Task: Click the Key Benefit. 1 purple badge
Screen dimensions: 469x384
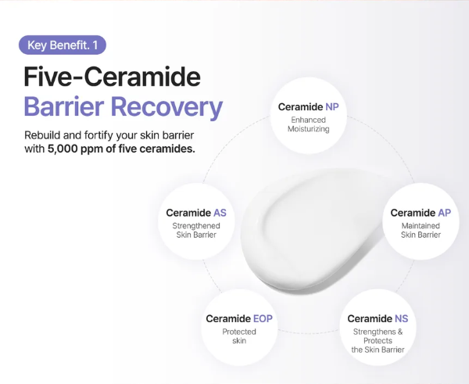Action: (x=63, y=45)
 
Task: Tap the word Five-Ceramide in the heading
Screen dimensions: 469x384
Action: (x=112, y=77)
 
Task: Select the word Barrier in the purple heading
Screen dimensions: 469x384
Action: (x=64, y=106)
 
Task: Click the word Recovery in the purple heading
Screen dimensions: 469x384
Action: (x=167, y=109)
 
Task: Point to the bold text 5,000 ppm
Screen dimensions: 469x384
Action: (x=75, y=149)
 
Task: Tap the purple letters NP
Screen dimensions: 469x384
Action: (x=332, y=107)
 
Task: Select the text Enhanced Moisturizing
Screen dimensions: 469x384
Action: (x=309, y=124)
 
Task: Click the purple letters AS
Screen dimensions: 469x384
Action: (x=220, y=213)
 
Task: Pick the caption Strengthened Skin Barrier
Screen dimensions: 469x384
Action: (x=196, y=230)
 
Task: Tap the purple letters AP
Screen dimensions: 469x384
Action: (x=445, y=213)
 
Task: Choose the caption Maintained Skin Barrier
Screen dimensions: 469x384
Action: (x=421, y=230)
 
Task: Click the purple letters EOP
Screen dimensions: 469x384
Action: (x=263, y=319)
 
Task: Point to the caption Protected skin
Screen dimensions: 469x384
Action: (x=239, y=336)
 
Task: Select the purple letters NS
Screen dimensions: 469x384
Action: (x=402, y=319)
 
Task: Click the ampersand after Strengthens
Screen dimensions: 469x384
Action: (x=400, y=332)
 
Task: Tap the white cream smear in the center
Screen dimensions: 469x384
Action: (x=314, y=231)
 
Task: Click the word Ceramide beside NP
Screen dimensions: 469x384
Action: (x=300, y=107)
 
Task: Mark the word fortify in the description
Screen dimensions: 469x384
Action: (x=98, y=135)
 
